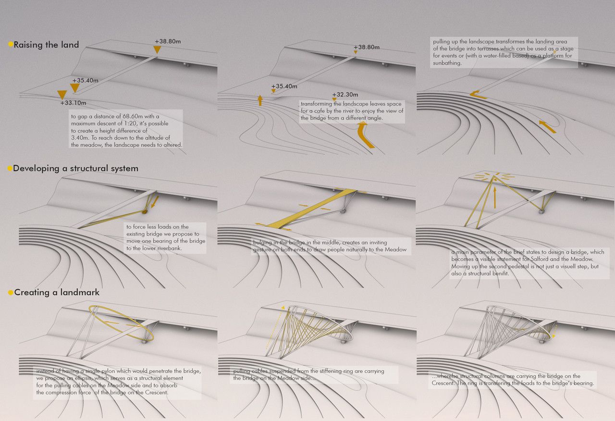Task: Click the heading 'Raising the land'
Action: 46,45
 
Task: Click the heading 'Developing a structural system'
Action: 75,168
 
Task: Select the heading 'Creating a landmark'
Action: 57,292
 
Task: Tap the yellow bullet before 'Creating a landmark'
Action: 10,292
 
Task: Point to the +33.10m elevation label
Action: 73,102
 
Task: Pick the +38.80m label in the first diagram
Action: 168,42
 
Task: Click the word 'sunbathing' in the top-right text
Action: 447,63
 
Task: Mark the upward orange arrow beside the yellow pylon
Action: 494,197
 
